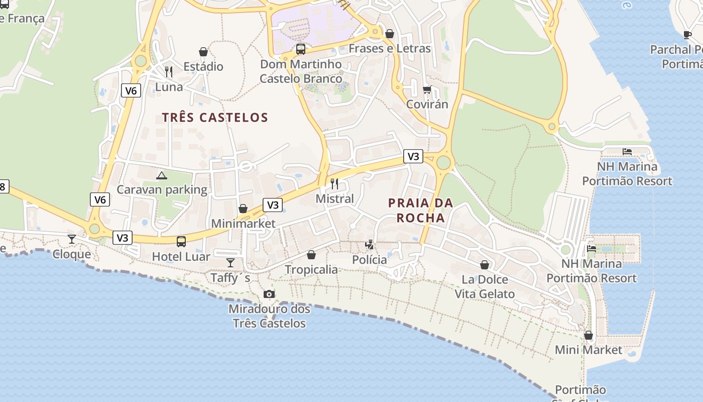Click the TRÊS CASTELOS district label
tap(215, 118)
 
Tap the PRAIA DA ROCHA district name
tap(421, 211)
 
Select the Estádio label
tap(203, 66)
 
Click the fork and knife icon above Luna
tap(169, 72)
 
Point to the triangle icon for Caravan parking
tap(161, 175)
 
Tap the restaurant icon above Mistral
tap(335, 183)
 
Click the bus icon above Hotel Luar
tap(181, 242)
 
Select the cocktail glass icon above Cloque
tap(72, 239)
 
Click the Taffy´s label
tap(230, 278)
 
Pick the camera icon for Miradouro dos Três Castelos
tap(269, 294)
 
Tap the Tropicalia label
tap(311, 269)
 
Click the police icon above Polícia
tap(370, 245)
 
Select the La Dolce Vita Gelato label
tap(485, 286)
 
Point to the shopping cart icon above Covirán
tap(427, 89)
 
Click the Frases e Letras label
tap(390, 48)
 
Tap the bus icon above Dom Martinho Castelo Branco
tap(301, 49)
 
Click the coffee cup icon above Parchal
tap(687, 35)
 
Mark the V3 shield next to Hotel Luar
tap(123, 238)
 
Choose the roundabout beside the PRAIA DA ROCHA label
tap(443, 163)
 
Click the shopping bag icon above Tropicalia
tap(311, 255)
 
